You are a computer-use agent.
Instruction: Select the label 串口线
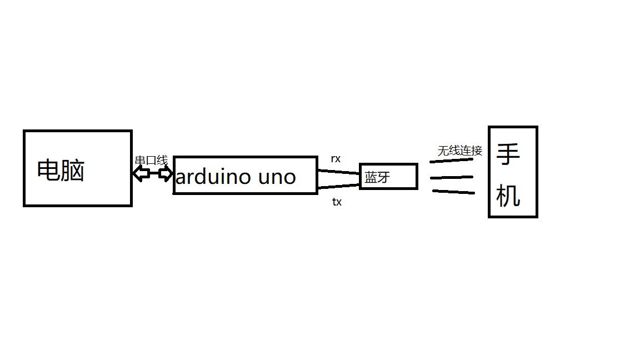[151, 161]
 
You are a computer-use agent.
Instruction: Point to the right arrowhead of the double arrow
[166, 174]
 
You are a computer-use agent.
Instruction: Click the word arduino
[213, 177]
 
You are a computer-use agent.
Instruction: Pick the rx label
[336, 159]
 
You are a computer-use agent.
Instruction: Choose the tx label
[337, 202]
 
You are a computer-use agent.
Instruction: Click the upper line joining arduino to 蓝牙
[339, 172]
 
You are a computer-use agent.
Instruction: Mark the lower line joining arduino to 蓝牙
[339, 186]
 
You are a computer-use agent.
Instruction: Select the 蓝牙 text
[377, 178]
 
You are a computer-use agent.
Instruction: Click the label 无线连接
[460, 151]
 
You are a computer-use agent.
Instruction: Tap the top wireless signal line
[451, 161]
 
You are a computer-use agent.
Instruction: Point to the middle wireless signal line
[451, 178]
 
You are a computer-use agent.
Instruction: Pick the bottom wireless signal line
[453, 192]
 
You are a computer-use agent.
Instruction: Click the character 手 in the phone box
[508, 155]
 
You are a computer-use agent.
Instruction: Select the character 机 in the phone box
[508, 196]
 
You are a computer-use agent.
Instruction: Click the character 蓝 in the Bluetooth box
[371, 178]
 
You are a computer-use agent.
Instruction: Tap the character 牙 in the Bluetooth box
[384, 178]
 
